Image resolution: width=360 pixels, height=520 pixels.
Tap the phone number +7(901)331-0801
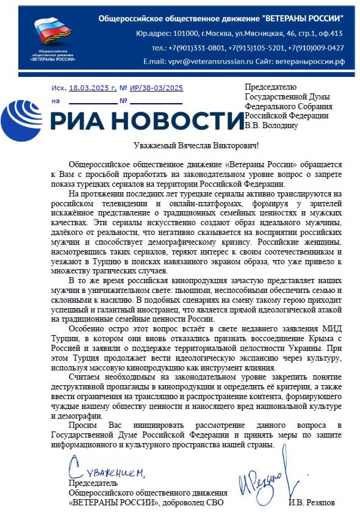click(197, 47)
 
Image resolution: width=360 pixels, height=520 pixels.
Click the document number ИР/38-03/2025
click(156, 88)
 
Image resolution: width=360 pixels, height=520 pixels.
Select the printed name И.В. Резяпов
click(312, 502)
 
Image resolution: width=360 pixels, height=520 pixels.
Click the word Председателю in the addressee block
click(270, 87)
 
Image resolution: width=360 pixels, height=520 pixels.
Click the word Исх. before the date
click(59, 88)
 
